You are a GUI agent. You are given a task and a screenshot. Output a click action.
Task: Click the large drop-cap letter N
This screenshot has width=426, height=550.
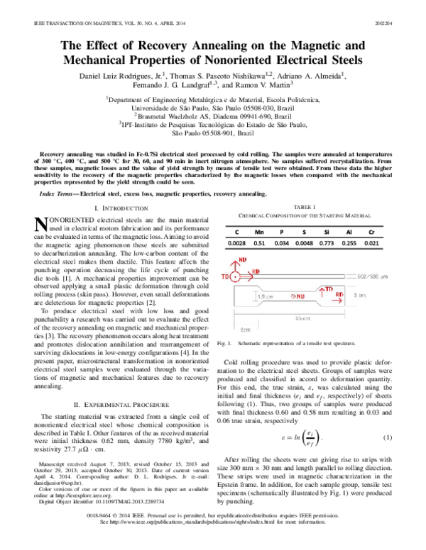coord(41,224)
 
